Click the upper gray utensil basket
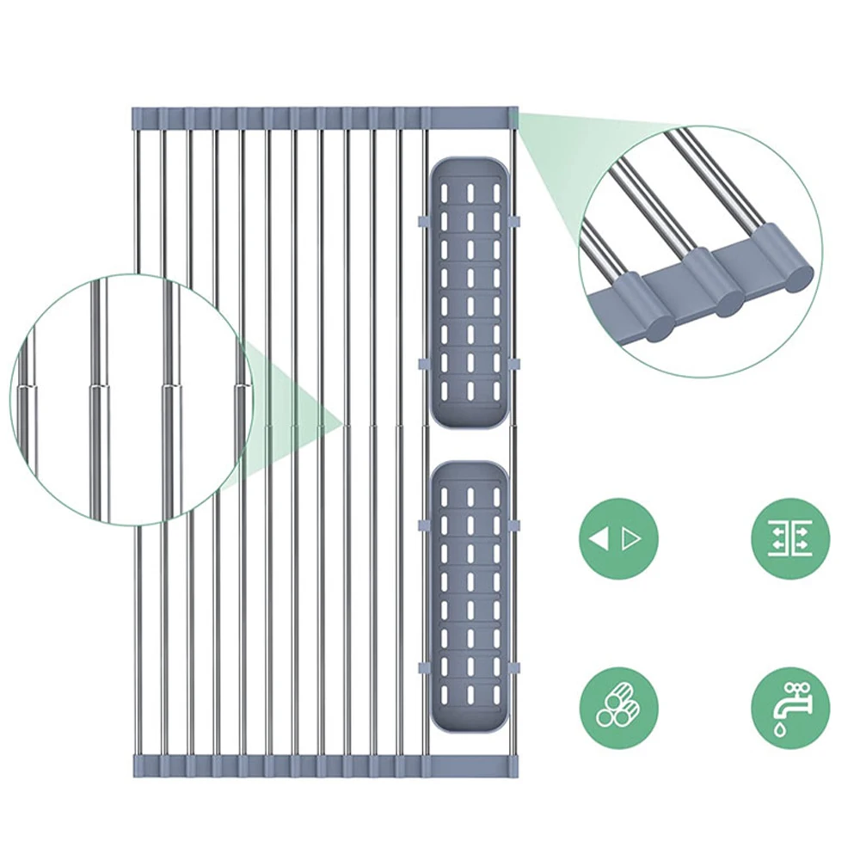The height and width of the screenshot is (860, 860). pyautogui.click(x=470, y=292)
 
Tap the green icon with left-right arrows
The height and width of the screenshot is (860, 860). pyautogui.click(x=617, y=538)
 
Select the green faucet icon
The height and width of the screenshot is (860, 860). pyautogui.click(x=790, y=708)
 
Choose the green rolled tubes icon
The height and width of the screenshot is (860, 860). pyautogui.click(x=617, y=708)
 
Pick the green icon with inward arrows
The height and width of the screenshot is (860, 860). pyautogui.click(x=790, y=538)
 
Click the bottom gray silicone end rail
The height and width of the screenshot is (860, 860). pyautogui.click(x=323, y=765)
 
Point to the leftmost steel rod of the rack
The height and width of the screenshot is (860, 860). pyautogui.click(x=138, y=602)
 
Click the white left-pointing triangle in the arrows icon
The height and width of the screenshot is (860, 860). pyautogui.click(x=601, y=539)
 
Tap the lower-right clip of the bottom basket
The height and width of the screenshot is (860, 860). pyautogui.click(x=515, y=668)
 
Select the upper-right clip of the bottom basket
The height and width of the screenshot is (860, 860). pyautogui.click(x=515, y=524)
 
